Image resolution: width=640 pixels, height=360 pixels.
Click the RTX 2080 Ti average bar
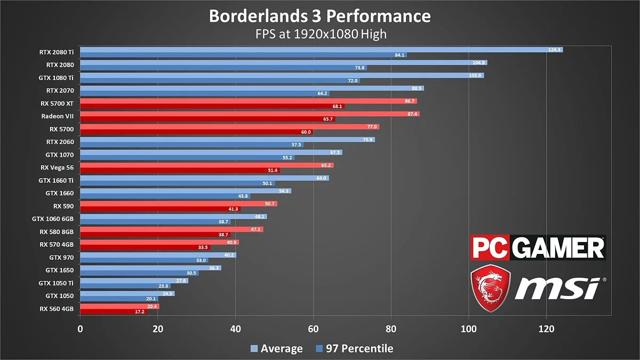click(320, 50)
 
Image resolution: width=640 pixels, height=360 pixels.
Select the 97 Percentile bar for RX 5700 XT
click(212, 106)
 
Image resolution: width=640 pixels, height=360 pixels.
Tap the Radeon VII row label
click(57, 116)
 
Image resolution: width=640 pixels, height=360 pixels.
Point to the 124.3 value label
click(555, 50)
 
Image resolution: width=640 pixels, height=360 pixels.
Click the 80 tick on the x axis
click(391, 329)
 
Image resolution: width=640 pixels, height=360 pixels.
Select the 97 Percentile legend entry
click(354, 349)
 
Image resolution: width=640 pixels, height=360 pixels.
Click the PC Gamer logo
click(537, 248)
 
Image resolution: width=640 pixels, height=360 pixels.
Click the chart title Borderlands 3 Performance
click(319, 16)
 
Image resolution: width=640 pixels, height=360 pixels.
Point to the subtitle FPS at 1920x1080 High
click(319, 34)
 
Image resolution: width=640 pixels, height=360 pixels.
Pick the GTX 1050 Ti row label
click(56, 283)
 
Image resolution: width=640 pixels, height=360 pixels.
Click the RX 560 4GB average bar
click(119, 306)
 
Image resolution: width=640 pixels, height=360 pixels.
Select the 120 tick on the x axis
click(546, 329)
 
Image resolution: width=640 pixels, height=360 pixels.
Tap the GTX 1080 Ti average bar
click(282, 75)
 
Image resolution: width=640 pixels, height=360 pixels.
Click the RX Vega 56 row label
click(57, 167)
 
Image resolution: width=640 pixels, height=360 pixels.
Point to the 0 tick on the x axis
click(80, 329)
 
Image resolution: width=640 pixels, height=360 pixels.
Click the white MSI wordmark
click(557, 289)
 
